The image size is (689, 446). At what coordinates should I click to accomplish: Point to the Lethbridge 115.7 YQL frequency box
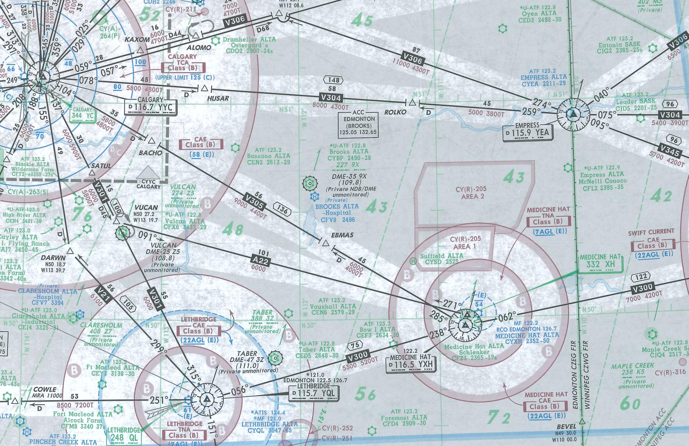coord(313,393)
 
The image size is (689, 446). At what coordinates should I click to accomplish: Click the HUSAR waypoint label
coord(218,99)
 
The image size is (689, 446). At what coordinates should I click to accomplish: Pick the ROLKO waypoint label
coord(395,112)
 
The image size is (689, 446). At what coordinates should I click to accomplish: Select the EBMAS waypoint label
coord(343,235)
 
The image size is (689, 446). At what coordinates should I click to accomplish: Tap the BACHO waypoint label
coord(151,153)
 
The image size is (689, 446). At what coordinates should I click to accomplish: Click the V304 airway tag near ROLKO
coord(331,98)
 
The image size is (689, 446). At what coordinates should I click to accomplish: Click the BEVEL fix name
coord(566,426)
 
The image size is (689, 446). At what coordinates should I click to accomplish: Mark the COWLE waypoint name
coord(45,390)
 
